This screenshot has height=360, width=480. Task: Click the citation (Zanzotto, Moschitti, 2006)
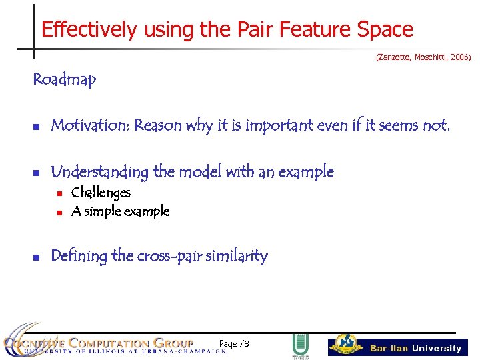pos(423,58)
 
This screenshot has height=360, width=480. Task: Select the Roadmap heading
pos(65,80)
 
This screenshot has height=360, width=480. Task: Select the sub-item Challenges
pos(101,193)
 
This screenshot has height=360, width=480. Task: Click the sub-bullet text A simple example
pos(120,212)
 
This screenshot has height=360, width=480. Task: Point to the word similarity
pos(237,256)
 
